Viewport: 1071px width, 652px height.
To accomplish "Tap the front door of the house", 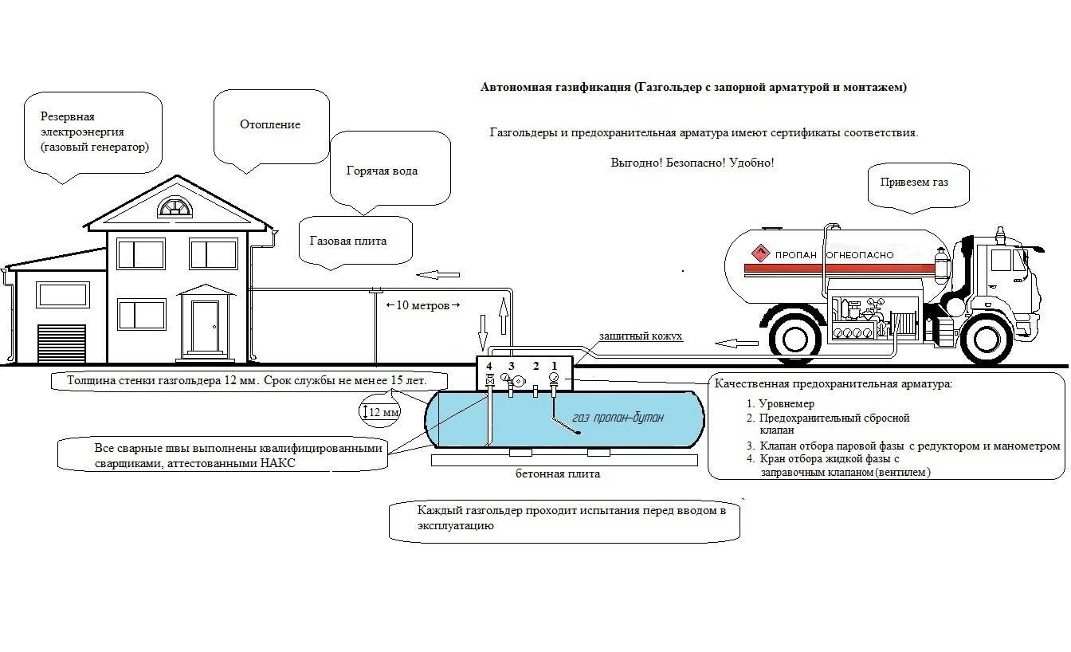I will [x=205, y=327].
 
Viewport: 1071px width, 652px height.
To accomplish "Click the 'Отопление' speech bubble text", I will [x=270, y=125].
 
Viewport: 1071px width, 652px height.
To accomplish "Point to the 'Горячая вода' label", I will [x=382, y=171].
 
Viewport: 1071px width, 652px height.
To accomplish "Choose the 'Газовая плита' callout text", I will [x=348, y=241].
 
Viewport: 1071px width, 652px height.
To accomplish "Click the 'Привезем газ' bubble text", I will [x=914, y=182].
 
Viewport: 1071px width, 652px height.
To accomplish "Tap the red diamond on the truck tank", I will [x=760, y=254].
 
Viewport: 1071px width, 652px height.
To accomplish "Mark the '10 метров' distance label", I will [x=423, y=305].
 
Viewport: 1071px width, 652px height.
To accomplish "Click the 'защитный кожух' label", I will [x=641, y=336].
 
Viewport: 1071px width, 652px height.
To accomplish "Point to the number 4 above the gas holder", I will [x=489, y=366].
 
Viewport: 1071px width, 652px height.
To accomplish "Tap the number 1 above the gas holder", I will [x=555, y=366].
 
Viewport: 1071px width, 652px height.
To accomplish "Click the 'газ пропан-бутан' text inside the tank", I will [x=618, y=418].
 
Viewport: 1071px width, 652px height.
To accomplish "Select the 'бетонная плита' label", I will [x=557, y=474].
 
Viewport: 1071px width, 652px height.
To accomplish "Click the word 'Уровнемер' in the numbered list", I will [x=786, y=404].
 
